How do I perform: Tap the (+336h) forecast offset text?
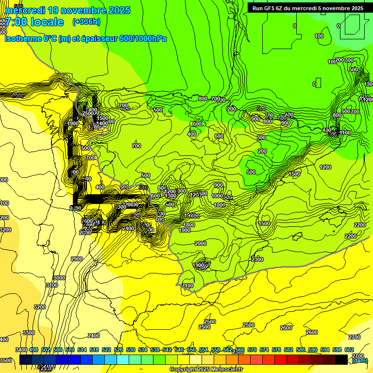tap(86, 21)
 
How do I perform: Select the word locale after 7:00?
tap(45, 22)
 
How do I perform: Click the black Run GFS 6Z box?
tap(307, 8)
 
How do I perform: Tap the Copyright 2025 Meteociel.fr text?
tap(206, 370)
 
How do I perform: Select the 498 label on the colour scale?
tap(34, 350)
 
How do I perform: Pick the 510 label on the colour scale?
tap(70, 350)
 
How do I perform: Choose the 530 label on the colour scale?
tap(131, 350)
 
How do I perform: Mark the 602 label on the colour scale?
tap(349, 350)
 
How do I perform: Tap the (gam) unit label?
tap(359, 360)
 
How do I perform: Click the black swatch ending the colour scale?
tap(341, 359)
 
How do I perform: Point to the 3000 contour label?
tap(59, 278)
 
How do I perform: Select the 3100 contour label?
tap(52, 285)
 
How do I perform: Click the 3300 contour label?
tap(29, 333)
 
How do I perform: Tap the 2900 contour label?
tap(77, 259)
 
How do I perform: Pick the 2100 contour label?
tap(187, 286)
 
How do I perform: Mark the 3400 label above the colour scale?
tap(21, 350)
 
